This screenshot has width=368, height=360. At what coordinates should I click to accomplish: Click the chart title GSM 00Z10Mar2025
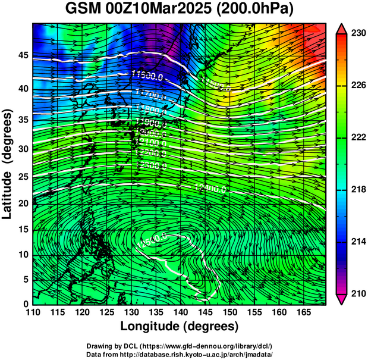point(139,9)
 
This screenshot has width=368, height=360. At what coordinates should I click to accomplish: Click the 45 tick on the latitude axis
point(23,55)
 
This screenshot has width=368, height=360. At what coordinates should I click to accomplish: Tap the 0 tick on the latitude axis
point(26,304)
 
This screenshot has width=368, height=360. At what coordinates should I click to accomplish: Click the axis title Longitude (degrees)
point(180,327)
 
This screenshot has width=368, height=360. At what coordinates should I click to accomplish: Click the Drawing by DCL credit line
point(180,346)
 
